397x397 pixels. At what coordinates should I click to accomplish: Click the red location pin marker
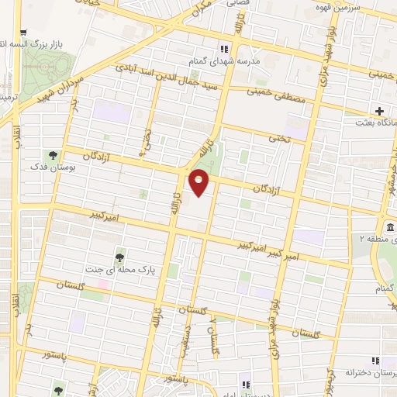(x=199, y=181)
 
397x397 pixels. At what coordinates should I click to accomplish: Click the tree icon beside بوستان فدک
(x=54, y=154)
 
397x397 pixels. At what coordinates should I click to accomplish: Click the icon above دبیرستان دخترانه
(x=375, y=361)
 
